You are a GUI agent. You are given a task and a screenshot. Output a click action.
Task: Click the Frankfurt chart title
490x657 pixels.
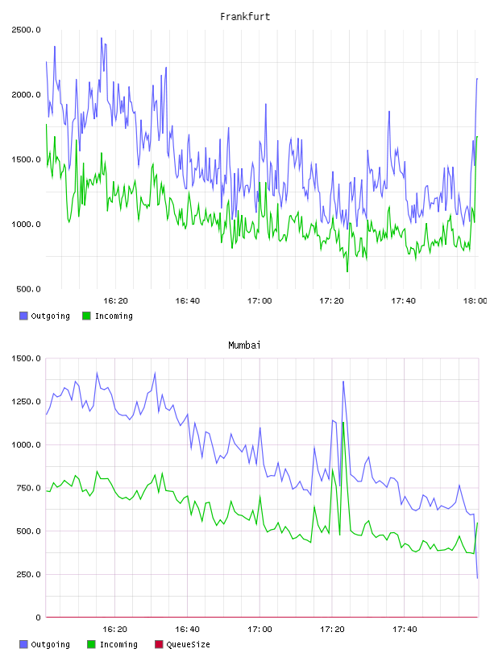pos(245,17)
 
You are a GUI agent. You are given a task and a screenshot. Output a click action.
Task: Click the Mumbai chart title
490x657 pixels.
pos(244,345)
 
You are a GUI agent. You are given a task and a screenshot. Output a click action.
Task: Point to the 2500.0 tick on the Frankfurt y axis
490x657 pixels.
pos(26,30)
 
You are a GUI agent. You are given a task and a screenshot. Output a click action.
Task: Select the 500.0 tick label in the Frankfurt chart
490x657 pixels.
pos(28,289)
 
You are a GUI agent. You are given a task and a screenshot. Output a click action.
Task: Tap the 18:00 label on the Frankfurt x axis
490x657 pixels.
pos(475,301)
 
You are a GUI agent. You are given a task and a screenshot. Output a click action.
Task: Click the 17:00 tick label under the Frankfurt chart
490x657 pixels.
pos(260,301)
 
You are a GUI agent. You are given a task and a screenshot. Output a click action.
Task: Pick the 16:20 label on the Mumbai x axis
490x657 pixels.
pos(114,630)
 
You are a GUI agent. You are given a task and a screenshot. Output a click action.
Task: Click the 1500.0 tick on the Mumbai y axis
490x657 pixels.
pos(26,358)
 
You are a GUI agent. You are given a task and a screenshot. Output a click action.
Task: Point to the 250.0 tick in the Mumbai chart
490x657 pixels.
pos(28,574)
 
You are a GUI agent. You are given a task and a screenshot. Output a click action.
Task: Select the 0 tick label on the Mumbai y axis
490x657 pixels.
pos(38,618)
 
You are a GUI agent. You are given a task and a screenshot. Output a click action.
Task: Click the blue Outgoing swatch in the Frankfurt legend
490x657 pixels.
pos(23,316)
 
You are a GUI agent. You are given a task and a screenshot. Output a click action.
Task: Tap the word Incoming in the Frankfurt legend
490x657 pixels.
pos(114,316)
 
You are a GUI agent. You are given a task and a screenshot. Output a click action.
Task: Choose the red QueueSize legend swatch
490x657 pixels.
pos(159,644)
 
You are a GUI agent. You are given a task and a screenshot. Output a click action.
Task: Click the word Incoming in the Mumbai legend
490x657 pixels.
pos(118,645)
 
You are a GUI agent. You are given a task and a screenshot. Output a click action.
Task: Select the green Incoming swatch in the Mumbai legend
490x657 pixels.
pos(91,644)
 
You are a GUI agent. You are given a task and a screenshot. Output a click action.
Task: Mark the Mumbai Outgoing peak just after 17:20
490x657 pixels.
pos(343,382)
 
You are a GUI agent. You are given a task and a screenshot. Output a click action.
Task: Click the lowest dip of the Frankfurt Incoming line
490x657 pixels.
pos(347,271)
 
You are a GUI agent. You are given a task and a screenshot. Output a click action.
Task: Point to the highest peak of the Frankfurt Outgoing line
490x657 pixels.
pos(102,38)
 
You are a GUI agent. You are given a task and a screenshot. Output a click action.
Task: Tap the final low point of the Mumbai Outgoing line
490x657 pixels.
pos(477,578)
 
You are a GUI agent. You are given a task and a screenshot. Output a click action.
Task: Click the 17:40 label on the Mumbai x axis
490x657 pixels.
pos(405,630)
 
